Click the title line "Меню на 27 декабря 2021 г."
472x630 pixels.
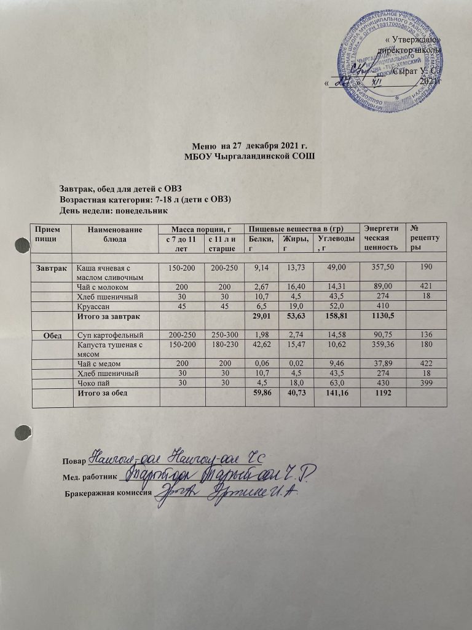click(249, 146)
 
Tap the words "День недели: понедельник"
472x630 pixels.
click(114, 210)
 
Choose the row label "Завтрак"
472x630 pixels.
click(50, 268)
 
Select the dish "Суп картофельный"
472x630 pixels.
click(109, 335)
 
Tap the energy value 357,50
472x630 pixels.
click(380, 268)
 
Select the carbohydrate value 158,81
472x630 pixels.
click(333, 316)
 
